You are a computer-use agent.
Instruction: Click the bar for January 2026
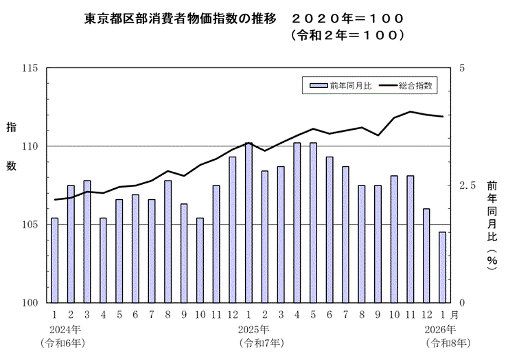pos(443,267)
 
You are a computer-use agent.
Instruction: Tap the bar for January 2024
pos(54,260)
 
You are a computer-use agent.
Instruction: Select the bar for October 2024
pos(200,260)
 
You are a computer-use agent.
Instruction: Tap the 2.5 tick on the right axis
pos(467,185)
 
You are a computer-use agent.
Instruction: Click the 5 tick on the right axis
pos(462,68)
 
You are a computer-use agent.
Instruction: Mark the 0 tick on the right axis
pos(462,303)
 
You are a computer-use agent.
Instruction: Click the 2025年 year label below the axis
pos(254,328)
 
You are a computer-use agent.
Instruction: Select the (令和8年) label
pos(448,341)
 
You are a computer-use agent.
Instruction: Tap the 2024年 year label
pos(65,328)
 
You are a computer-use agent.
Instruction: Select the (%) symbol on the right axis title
pos(492,262)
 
